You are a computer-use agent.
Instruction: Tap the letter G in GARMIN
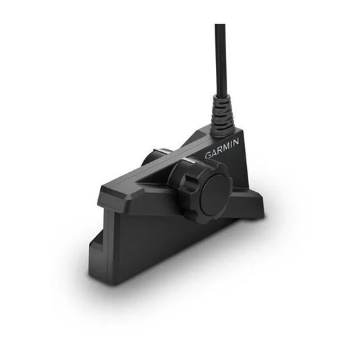pos(208,155)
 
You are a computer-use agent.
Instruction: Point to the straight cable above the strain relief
pos(220,61)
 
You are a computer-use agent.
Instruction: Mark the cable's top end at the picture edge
pos(220,27)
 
